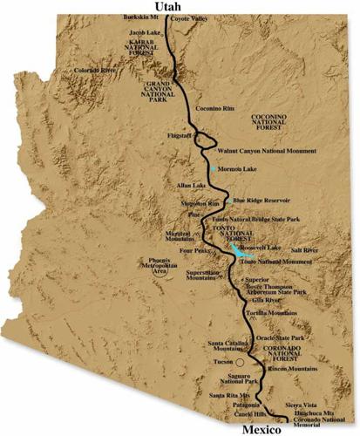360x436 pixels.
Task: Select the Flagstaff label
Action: [178, 136]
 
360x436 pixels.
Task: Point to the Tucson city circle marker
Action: [228, 359]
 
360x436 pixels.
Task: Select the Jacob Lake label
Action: [146, 32]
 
